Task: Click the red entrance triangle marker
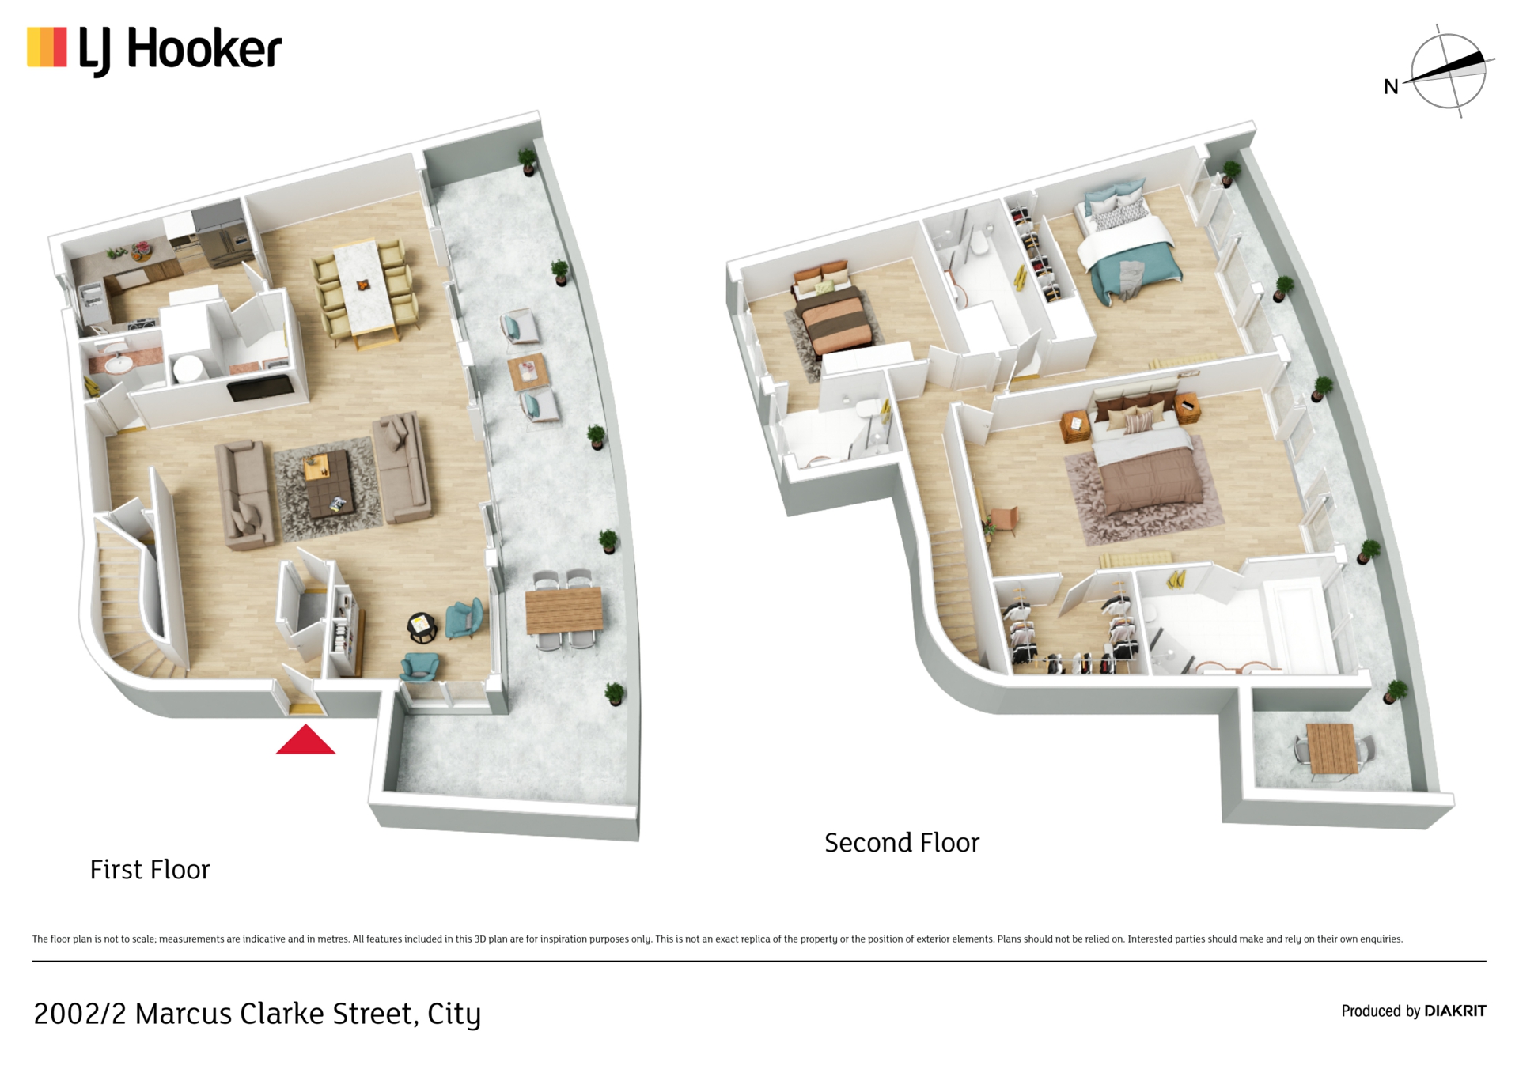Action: [305, 742]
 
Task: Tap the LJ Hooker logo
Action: [154, 49]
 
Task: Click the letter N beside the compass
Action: [1390, 87]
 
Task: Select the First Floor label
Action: [150, 870]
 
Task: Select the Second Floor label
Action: [901, 843]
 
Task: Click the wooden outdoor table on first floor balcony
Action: [563, 609]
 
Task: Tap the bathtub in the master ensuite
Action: [1297, 625]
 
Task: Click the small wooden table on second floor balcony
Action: [1331, 747]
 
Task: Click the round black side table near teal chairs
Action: [422, 627]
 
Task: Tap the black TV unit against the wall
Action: [259, 387]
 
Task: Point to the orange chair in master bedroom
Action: [1002, 520]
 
